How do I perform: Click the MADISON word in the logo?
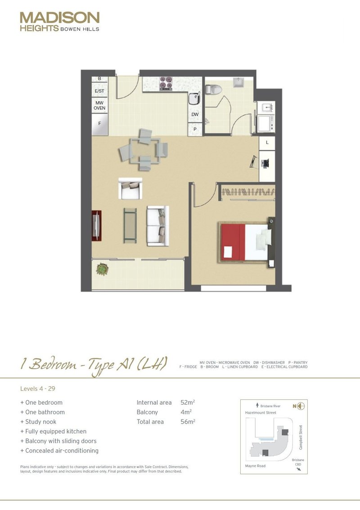(59, 18)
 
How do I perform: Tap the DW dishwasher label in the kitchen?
(195, 115)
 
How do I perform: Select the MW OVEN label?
(99, 105)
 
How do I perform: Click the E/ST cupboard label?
(99, 91)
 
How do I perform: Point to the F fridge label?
(99, 122)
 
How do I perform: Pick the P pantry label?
(195, 129)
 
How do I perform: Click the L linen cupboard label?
(267, 142)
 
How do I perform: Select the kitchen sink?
(193, 98)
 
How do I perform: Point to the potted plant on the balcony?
(103, 269)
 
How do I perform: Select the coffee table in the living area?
(130, 225)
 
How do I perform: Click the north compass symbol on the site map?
(301, 406)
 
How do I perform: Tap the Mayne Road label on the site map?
(256, 466)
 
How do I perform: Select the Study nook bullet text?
(40, 422)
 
